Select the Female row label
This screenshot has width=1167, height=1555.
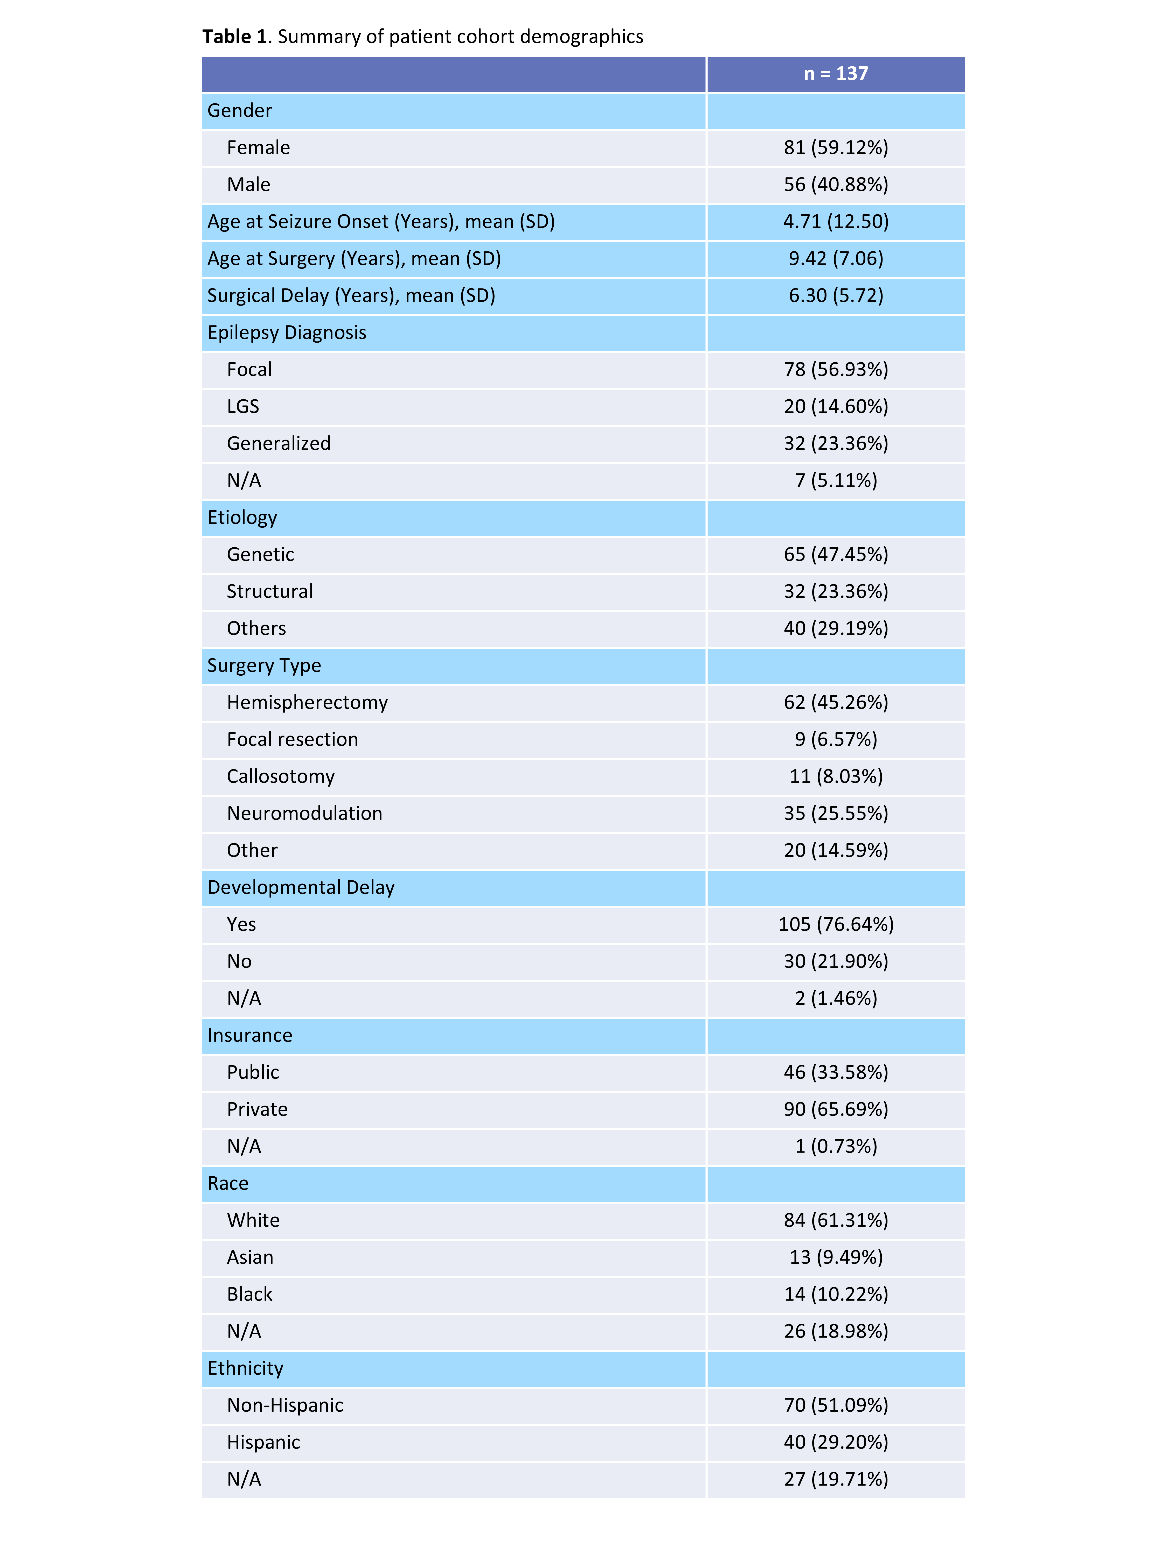[x=258, y=148]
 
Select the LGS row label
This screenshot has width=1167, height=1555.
[x=243, y=406]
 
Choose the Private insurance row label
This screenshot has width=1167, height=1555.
[x=257, y=1109]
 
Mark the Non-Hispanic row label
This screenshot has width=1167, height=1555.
[x=285, y=1405]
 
